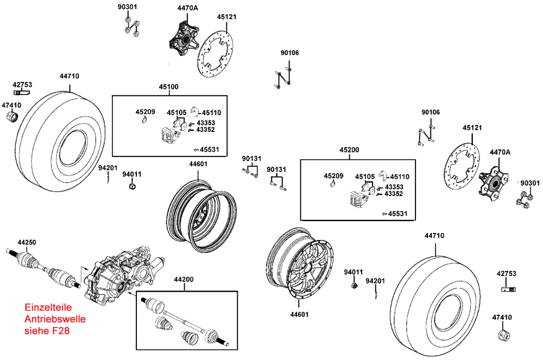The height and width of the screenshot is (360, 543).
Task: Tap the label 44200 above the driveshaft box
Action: click(x=184, y=279)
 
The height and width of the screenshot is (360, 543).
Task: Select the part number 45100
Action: click(x=168, y=86)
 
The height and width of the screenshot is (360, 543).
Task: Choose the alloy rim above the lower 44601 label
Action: click(x=302, y=265)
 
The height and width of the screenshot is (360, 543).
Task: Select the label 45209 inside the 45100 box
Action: click(x=146, y=112)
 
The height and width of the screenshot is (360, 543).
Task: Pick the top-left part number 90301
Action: click(x=128, y=8)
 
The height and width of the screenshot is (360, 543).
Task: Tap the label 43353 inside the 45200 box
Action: click(x=394, y=187)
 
